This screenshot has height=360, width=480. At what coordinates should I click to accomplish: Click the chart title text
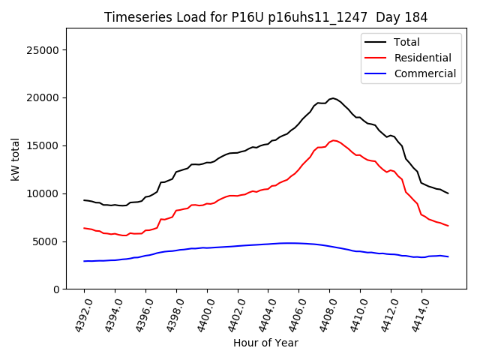coord(265,17)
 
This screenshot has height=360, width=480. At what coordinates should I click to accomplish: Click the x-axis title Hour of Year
coord(265,343)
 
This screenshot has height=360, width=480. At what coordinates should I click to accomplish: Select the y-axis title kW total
coord(15,159)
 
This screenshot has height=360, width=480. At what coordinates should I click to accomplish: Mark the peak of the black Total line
coord(333,98)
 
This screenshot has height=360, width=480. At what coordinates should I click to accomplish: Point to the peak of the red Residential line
coord(334,140)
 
